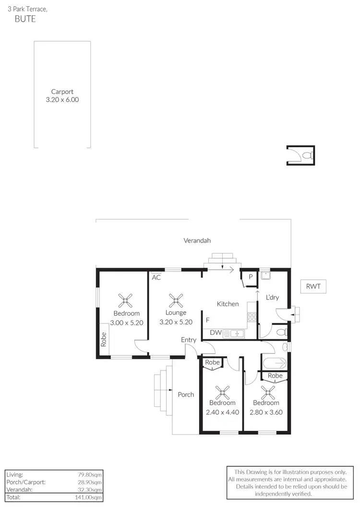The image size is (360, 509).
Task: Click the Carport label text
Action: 62,92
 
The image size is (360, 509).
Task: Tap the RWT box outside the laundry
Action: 313,287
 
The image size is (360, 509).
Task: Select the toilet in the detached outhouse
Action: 307,155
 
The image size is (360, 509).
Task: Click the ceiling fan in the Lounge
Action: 176,301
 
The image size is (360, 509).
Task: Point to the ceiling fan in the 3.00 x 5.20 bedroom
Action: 126,301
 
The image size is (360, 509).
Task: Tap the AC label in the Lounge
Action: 156,277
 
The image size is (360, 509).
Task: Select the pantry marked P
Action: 251,277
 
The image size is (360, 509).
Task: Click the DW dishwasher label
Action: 216,332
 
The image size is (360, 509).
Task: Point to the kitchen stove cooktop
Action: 252,317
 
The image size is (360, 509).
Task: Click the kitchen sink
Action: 236,332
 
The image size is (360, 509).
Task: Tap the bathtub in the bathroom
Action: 274,363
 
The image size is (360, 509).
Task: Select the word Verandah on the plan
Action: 197,240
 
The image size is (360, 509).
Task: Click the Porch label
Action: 186,394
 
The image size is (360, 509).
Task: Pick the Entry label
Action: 189,340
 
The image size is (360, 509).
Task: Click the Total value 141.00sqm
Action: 90,497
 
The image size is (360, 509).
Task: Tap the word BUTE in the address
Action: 25,20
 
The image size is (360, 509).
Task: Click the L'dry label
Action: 272,297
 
